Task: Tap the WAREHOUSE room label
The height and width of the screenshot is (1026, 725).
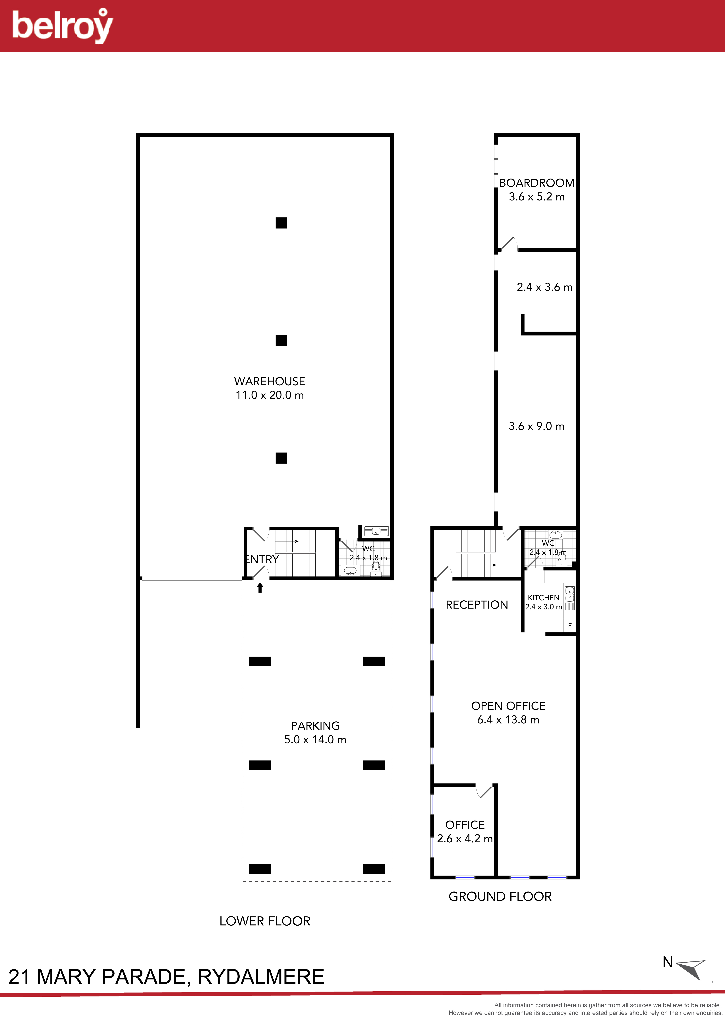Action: click(269, 381)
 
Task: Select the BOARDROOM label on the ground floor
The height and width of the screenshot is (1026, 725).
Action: click(536, 183)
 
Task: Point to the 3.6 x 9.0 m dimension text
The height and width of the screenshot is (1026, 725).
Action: click(536, 426)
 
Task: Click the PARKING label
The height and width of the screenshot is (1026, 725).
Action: click(315, 726)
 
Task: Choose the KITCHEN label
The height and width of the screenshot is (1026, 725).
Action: click(543, 597)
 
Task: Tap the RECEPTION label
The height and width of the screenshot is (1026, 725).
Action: click(477, 605)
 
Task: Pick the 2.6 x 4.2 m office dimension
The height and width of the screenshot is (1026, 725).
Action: click(465, 839)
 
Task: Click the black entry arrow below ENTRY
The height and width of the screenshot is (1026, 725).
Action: click(260, 588)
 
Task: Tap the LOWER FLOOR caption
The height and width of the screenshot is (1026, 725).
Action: click(264, 921)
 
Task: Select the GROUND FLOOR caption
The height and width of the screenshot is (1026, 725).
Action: click(500, 896)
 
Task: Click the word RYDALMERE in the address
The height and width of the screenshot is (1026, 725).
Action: click(261, 977)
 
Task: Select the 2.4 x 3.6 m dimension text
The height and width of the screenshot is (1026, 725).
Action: click(544, 287)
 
